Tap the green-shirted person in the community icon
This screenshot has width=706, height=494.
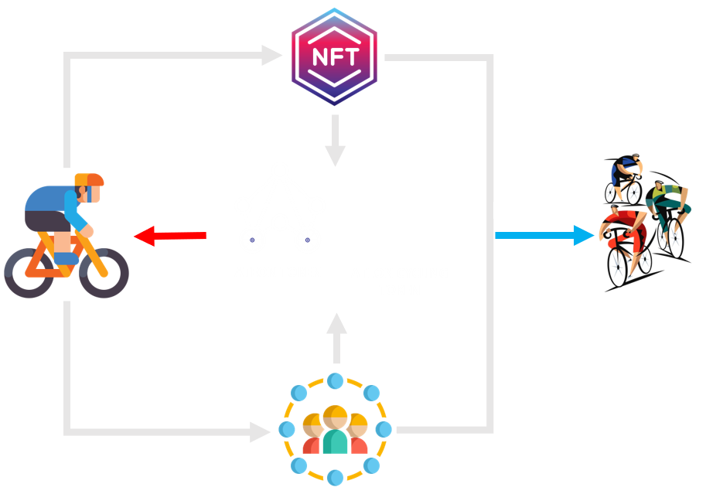click(x=336, y=432)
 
